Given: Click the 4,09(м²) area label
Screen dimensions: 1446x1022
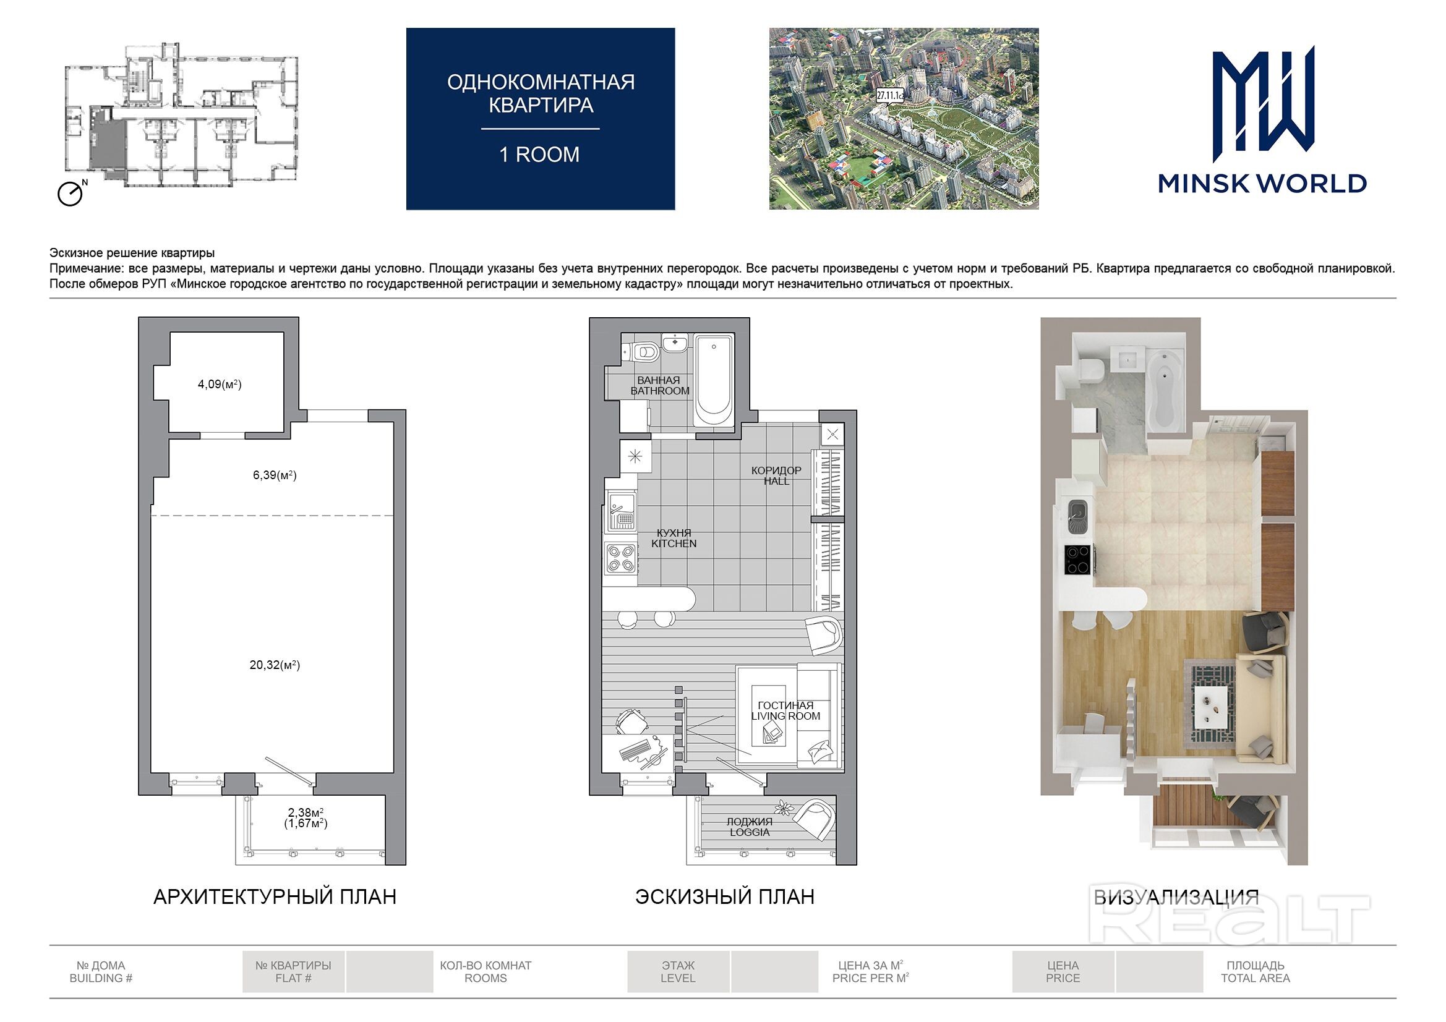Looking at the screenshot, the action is click(220, 384).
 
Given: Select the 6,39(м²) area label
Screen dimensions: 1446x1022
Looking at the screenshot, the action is click(275, 475).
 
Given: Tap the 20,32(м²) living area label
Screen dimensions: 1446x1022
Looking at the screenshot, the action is click(275, 665).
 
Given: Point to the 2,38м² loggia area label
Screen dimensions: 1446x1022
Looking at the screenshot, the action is click(306, 812).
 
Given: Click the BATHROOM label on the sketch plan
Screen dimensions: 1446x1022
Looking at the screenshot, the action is click(660, 391).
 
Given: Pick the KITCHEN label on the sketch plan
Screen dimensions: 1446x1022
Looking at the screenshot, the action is click(674, 543).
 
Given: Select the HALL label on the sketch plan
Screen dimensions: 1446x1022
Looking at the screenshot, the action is click(777, 481).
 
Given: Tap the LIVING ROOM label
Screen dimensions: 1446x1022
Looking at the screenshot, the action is click(785, 716).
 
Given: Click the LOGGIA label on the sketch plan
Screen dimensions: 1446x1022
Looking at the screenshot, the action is click(750, 832).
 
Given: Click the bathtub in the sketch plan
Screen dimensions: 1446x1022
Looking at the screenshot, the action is click(714, 381).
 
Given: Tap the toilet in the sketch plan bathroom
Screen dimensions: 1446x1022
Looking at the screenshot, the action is click(642, 351).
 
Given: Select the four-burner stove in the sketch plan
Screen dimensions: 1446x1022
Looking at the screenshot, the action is click(620, 558).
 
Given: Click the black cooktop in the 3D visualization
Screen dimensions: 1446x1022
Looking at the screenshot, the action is click(1079, 560).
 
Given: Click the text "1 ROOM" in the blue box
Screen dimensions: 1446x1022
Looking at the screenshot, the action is click(540, 155).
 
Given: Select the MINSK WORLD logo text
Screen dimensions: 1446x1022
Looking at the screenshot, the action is click(1262, 183).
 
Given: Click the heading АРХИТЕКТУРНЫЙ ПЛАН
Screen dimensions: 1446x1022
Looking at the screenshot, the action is click(275, 896).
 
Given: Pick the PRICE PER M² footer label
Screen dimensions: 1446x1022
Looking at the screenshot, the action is click(870, 978).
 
